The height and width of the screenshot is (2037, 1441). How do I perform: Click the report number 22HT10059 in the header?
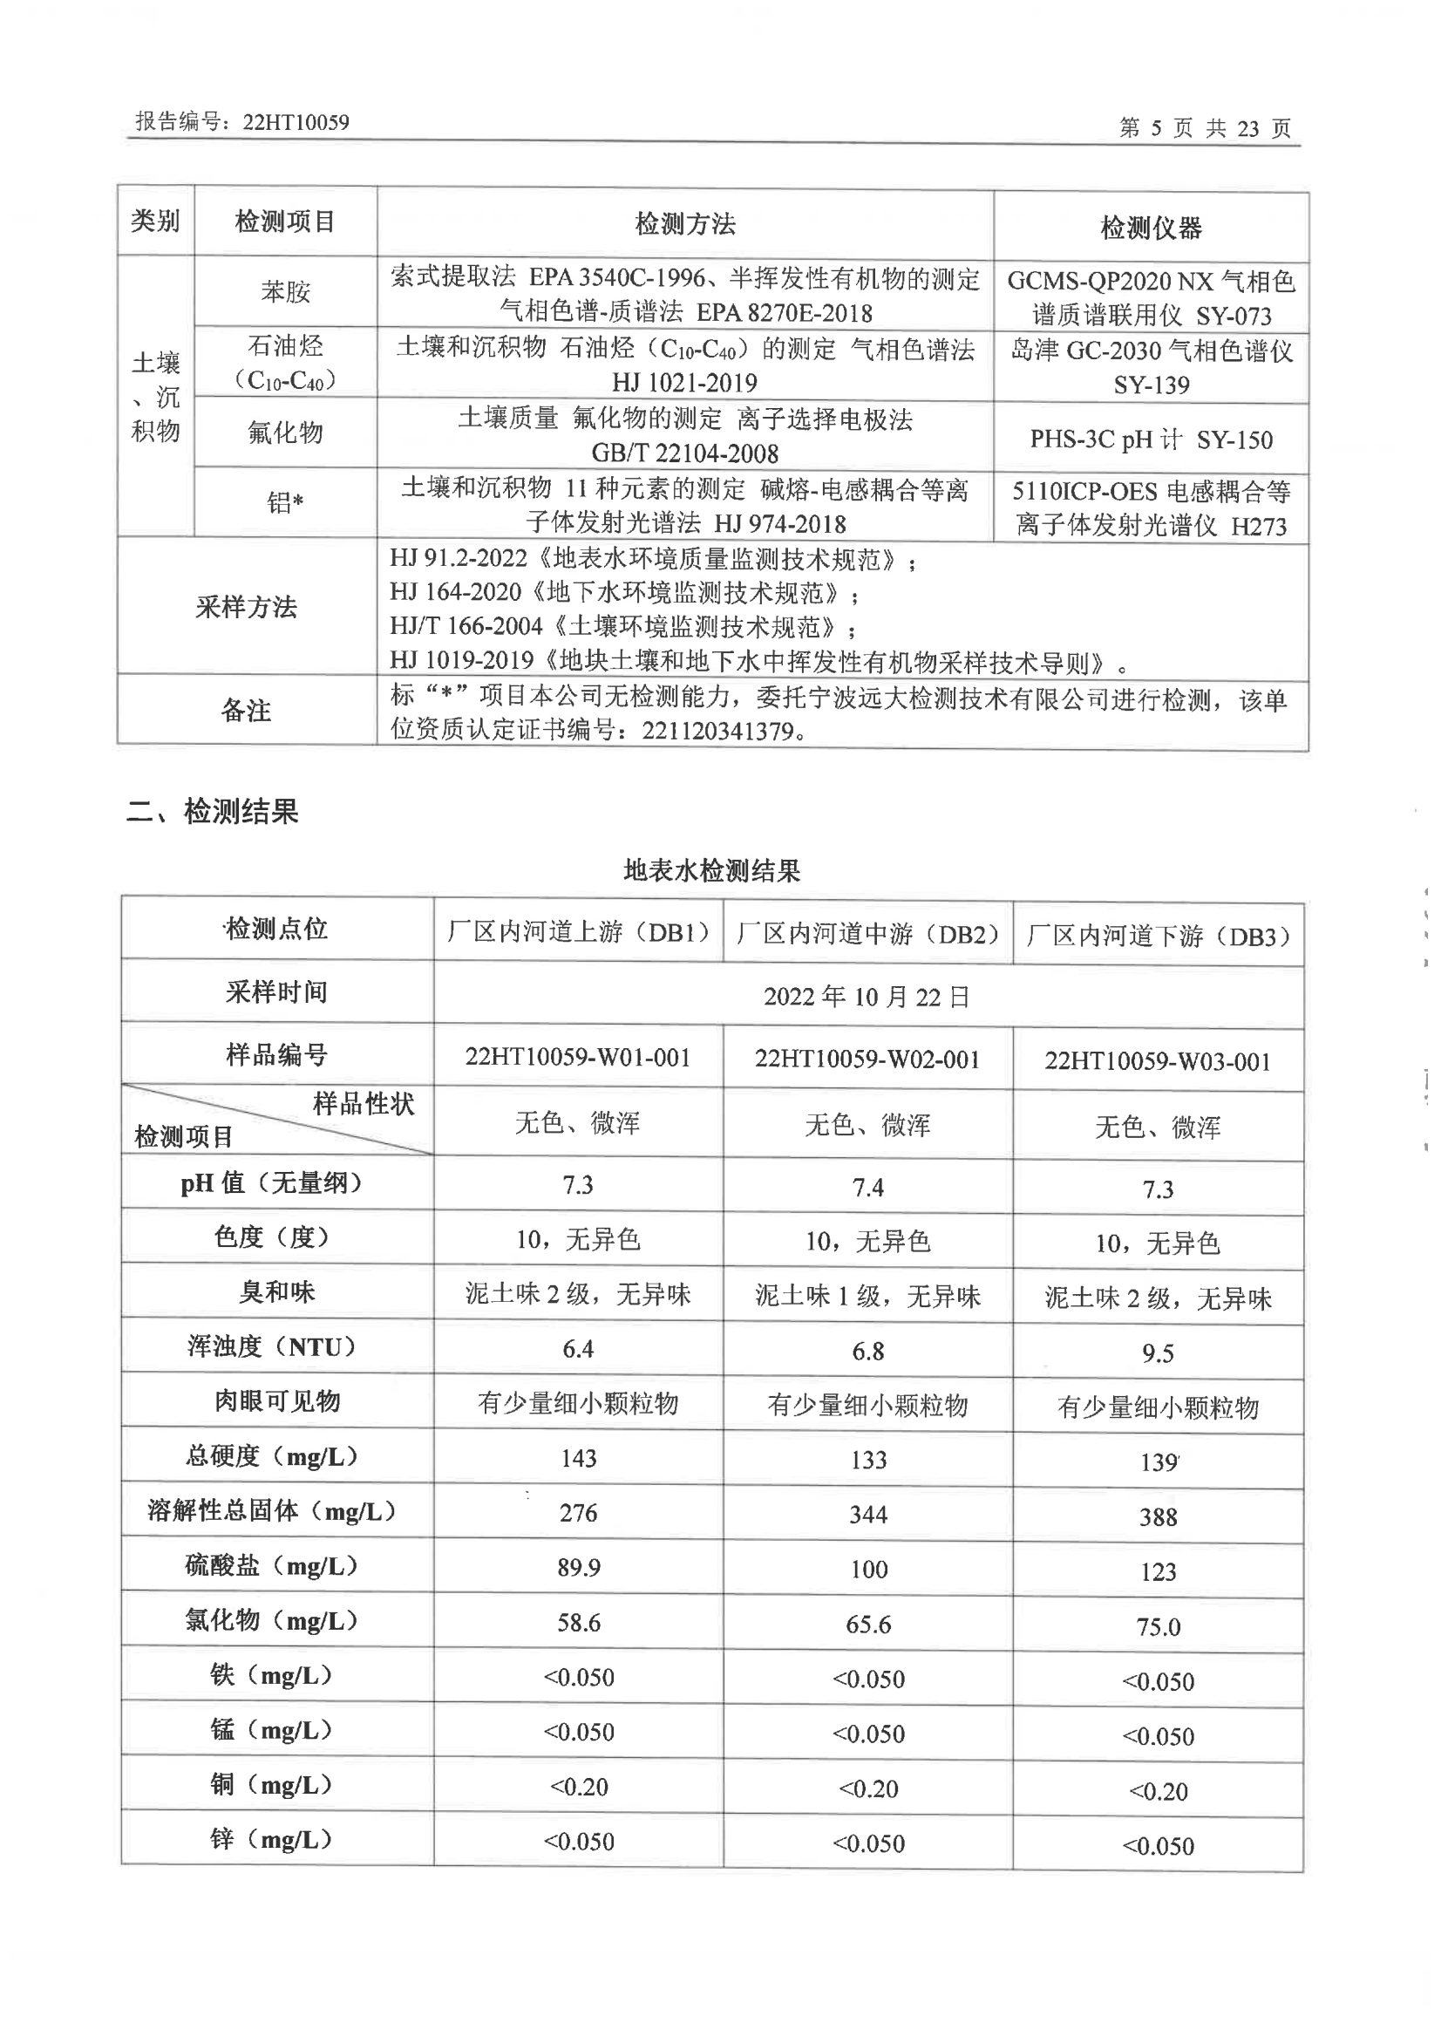[296, 121]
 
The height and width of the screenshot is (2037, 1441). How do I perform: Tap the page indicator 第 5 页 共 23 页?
[1204, 128]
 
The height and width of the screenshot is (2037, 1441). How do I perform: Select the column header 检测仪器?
[1151, 228]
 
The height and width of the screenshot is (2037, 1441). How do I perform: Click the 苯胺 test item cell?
[285, 291]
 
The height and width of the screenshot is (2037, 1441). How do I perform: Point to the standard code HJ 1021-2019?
[684, 383]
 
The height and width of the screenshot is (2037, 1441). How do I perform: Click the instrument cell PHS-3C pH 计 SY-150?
[1151, 439]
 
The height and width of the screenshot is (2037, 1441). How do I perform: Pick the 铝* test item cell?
[285, 503]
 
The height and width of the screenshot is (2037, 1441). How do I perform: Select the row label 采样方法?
[246, 607]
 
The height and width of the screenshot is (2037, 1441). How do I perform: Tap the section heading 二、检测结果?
[213, 811]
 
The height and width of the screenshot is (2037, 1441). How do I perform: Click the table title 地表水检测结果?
[711, 871]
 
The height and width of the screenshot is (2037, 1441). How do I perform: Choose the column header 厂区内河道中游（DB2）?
[867, 934]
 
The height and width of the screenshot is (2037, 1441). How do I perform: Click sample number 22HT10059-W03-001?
[1157, 1061]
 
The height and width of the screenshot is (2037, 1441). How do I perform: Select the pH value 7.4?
[867, 1188]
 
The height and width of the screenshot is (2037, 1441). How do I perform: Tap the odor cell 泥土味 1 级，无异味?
[867, 1297]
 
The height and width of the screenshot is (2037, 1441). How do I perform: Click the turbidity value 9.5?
[1157, 1353]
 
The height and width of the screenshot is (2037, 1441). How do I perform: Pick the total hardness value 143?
[578, 1458]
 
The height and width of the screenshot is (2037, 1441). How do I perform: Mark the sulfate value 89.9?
[578, 1568]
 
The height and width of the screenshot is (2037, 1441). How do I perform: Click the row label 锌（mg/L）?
[270, 1839]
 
